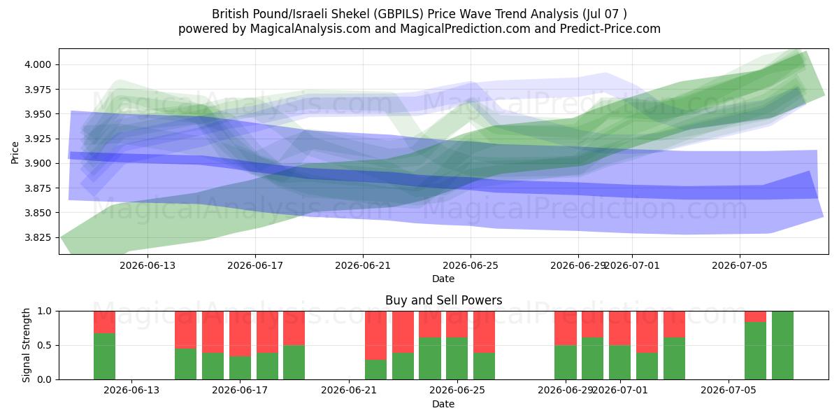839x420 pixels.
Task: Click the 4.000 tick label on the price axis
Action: pyautogui.click(x=38, y=64)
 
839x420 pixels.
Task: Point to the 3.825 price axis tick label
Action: pyautogui.click(x=38, y=237)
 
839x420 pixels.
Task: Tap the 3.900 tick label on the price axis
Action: pyautogui.click(x=38, y=163)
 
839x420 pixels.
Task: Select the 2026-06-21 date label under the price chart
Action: pyautogui.click(x=363, y=265)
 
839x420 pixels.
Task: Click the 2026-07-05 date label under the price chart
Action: pyautogui.click(x=740, y=265)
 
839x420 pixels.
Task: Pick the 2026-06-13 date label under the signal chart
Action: pyautogui.click(x=131, y=391)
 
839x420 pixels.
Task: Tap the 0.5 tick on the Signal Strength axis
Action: pyautogui.click(x=45, y=345)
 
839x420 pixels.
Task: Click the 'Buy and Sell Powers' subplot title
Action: pyautogui.click(x=443, y=300)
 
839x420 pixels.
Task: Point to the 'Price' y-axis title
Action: pyautogui.click(x=15, y=153)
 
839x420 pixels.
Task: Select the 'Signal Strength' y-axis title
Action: pyautogui.click(x=26, y=345)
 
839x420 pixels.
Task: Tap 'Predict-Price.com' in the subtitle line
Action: pyautogui.click(x=610, y=29)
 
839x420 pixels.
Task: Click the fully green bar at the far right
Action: pyautogui.click(x=782, y=345)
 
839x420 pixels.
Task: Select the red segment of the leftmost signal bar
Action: pyautogui.click(x=104, y=322)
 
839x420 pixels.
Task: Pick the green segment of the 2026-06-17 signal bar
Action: pyautogui.click(x=240, y=368)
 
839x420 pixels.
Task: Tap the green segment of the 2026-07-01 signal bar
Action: pyautogui.click(x=620, y=363)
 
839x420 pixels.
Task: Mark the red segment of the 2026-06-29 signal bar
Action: pyautogui.click(x=566, y=328)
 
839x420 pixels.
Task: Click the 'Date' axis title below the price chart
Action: pyautogui.click(x=443, y=279)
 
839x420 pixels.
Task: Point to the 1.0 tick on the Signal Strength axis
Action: pyautogui.click(x=45, y=311)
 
